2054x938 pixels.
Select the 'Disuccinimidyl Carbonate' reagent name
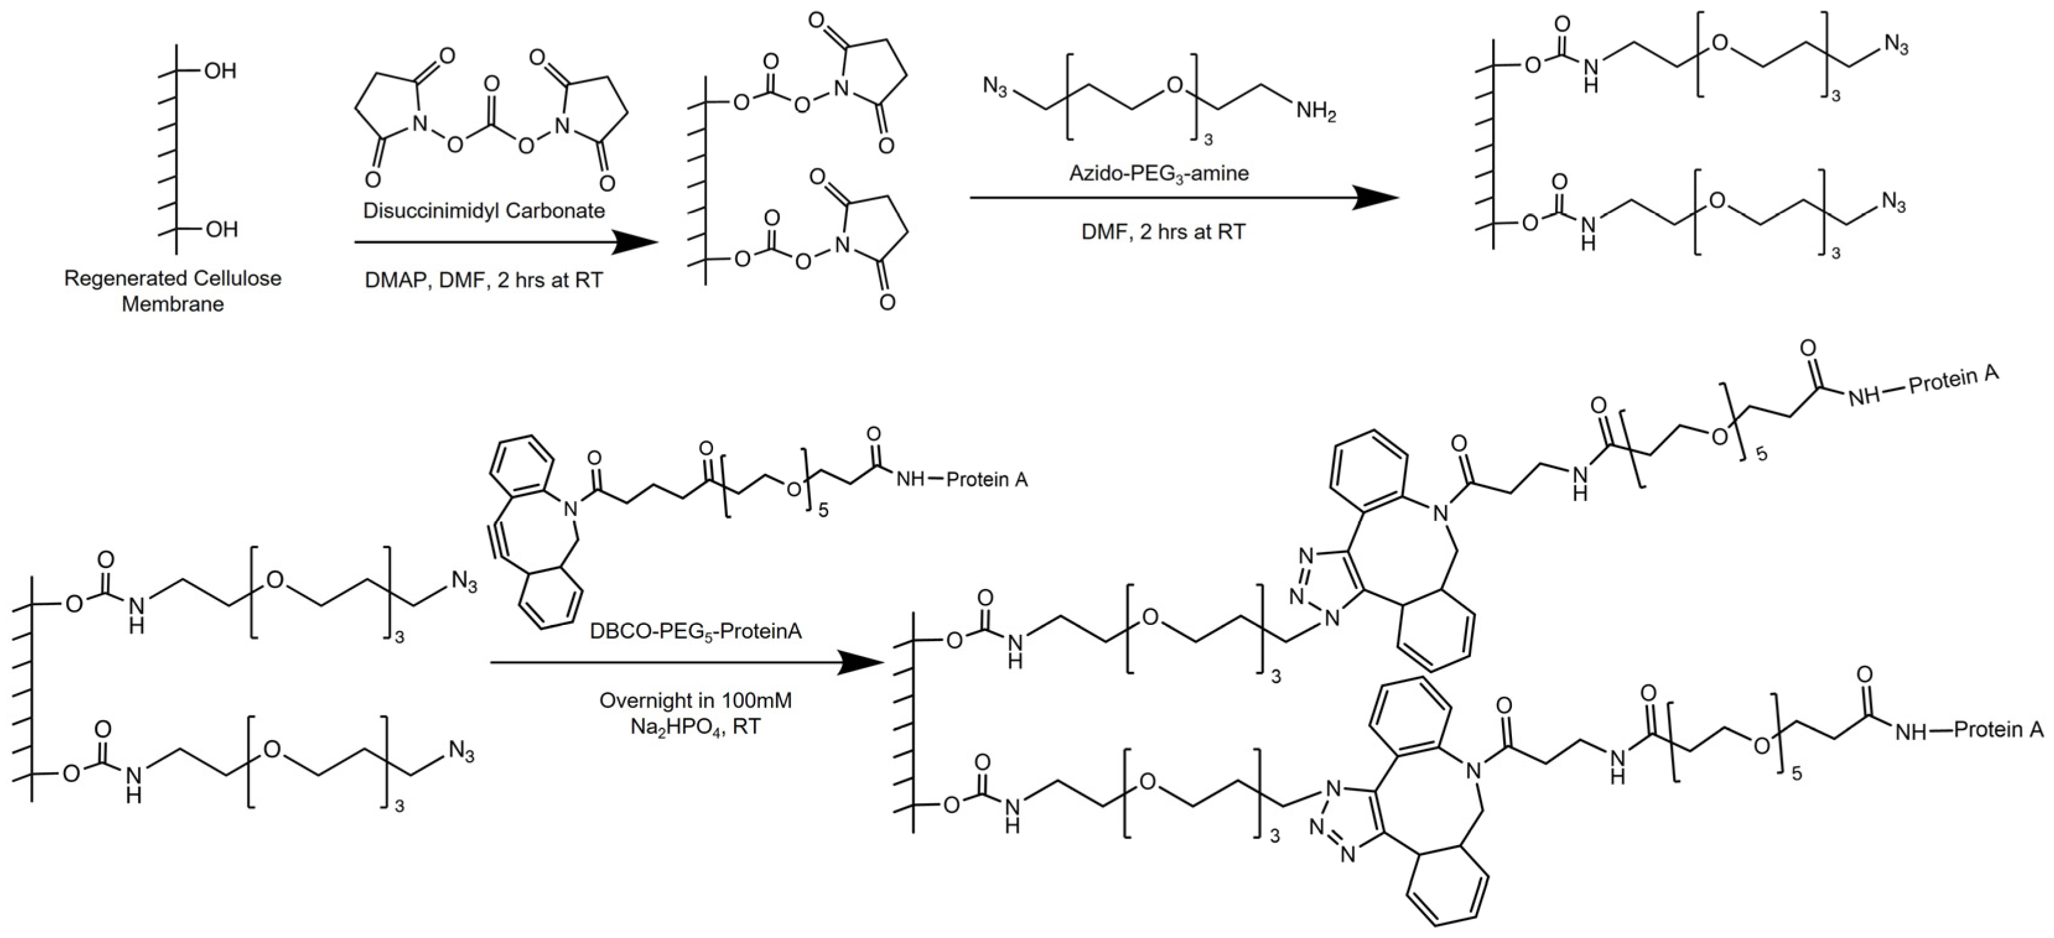[484, 210]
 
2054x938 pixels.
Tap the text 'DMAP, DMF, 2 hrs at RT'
[484, 280]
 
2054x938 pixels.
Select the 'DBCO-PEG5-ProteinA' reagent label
[696, 632]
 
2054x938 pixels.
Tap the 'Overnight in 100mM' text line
[696, 700]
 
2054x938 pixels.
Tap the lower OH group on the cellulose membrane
[221, 230]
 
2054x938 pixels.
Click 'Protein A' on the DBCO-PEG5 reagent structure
[986, 480]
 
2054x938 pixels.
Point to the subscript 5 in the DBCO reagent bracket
[823, 510]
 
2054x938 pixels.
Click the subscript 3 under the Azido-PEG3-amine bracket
[1207, 139]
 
